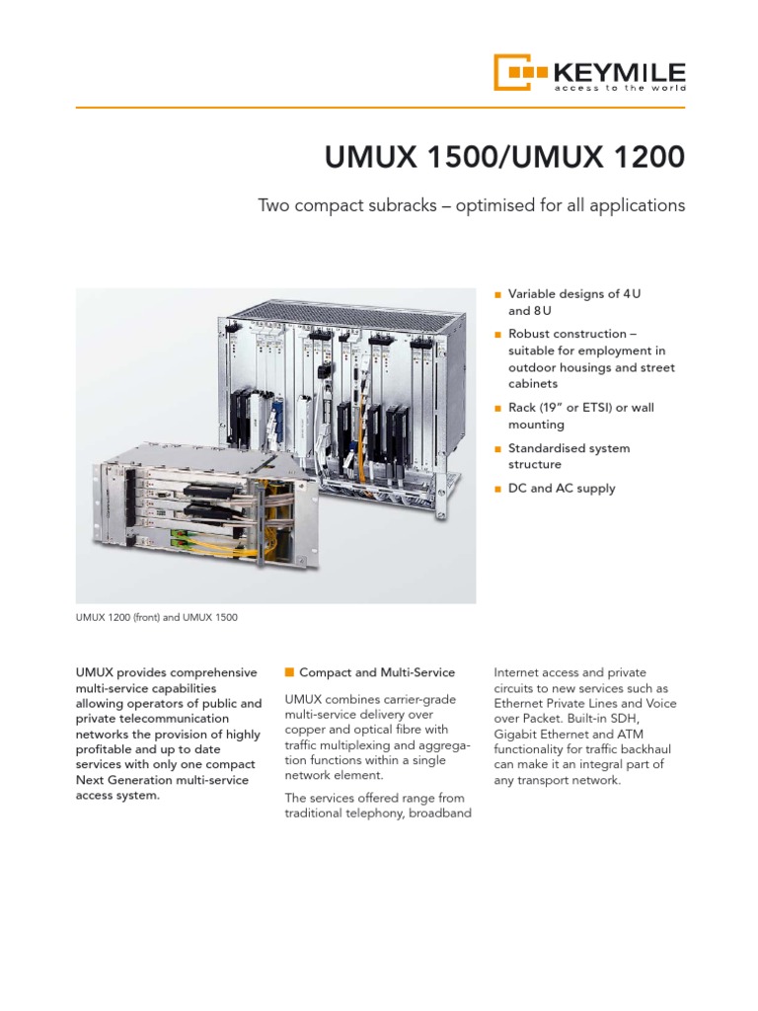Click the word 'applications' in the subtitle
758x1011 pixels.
click(x=634, y=206)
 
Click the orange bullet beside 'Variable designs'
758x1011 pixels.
click(x=497, y=294)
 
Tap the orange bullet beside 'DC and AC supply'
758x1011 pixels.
click(x=497, y=489)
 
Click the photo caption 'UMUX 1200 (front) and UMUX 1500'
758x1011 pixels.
click(x=157, y=618)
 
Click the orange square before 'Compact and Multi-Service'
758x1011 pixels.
click(x=289, y=672)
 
